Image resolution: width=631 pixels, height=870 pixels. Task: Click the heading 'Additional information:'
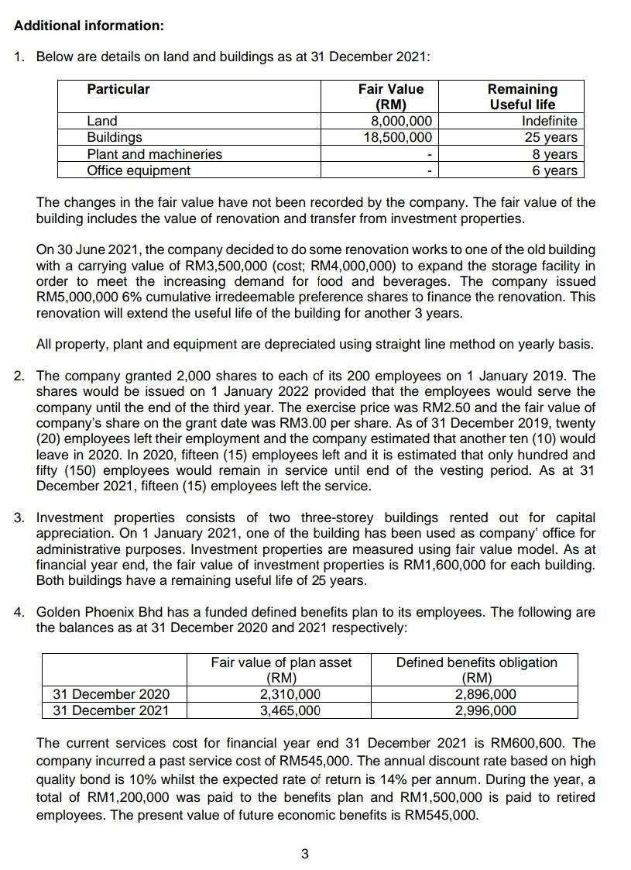coord(89,26)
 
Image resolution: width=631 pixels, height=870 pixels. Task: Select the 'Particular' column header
coord(118,89)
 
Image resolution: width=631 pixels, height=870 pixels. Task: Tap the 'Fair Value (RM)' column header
coord(391,97)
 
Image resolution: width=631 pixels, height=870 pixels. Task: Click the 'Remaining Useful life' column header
coord(523,97)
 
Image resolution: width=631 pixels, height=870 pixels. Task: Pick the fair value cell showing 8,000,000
coord(400,121)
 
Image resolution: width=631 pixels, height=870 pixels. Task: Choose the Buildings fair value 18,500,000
coord(397,137)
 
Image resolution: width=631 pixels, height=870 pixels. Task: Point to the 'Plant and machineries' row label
coord(154,154)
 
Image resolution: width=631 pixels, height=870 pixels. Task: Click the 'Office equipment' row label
coord(138,170)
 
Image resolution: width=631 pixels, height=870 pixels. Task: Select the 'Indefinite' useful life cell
coord(549,121)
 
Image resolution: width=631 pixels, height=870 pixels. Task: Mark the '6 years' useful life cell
coord(554,170)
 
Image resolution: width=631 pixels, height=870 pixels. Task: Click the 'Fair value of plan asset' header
coord(281,662)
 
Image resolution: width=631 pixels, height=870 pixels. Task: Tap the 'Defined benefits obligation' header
coord(476,662)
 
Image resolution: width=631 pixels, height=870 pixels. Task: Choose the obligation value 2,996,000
coord(485,710)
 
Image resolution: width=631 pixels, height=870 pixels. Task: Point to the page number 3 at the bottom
coord(304,855)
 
